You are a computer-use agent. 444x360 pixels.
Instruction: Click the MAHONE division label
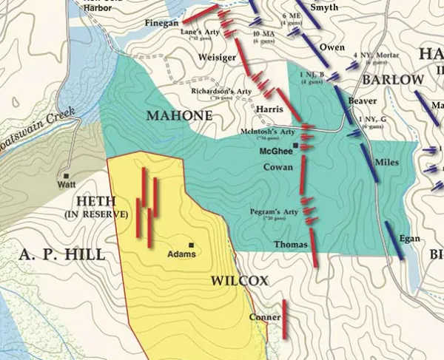(x=179, y=116)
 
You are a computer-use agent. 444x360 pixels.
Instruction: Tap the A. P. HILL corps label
(x=51, y=254)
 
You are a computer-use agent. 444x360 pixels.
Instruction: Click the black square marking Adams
(x=192, y=245)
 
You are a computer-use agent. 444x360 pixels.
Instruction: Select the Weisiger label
(x=218, y=57)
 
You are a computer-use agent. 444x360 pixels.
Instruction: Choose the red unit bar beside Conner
(x=284, y=319)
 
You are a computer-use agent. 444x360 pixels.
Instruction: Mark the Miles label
(x=386, y=162)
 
